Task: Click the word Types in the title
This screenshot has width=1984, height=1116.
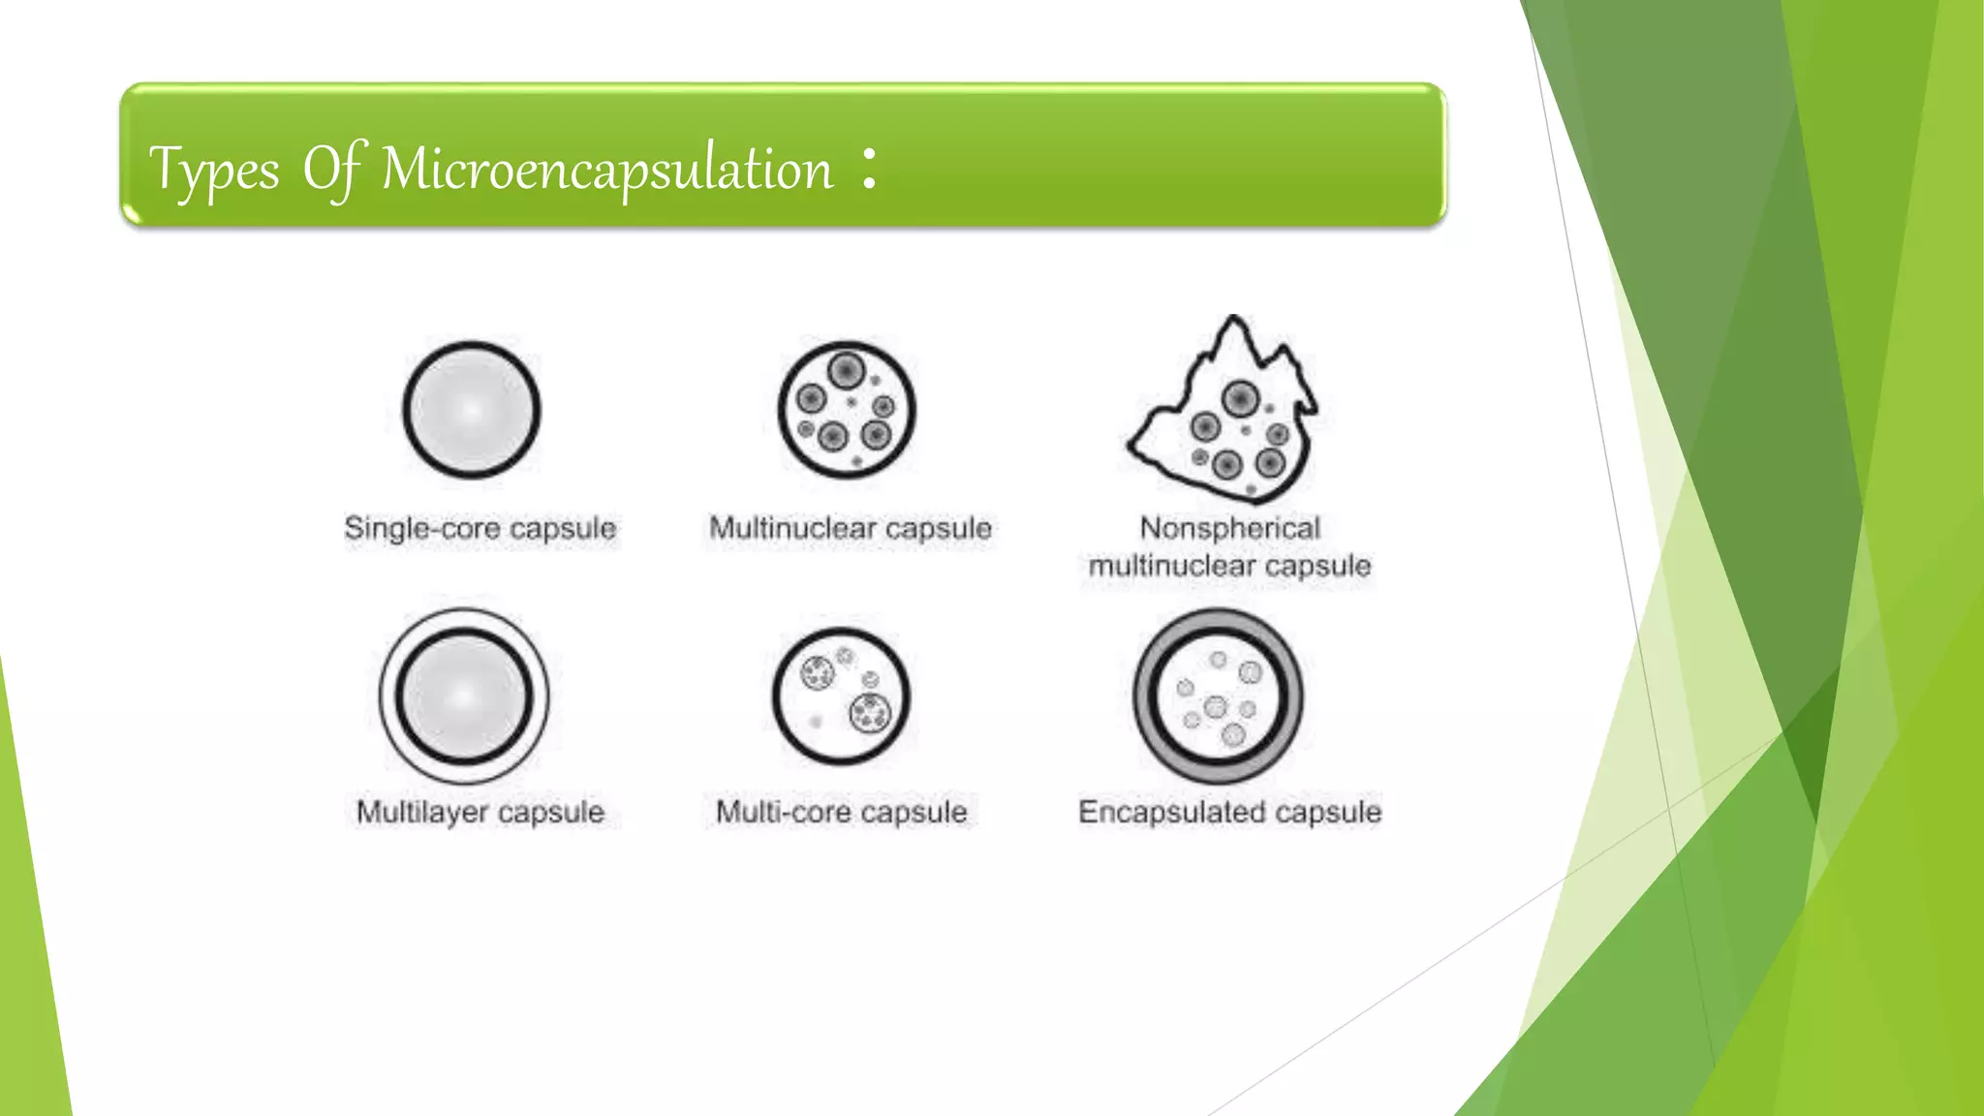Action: pyautogui.click(x=214, y=171)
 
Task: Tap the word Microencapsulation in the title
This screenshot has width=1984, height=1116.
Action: pyautogui.click(x=606, y=170)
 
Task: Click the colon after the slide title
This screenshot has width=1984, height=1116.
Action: pyautogui.click(x=869, y=168)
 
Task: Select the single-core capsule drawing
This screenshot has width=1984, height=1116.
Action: pyautogui.click(x=471, y=410)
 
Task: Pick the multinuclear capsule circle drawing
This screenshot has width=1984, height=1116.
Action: pyautogui.click(x=847, y=410)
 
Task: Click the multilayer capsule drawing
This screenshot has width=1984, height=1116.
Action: pyautogui.click(x=464, y=696)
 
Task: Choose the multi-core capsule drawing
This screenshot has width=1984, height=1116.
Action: pyautogui.click(x=841, y=696)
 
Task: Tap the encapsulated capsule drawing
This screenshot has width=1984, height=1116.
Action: pyautogui.click(x=1218, y=696)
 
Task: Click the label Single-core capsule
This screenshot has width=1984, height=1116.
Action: pyautogui.click(x=480, y=529)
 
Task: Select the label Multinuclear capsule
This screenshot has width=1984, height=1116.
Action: pyautogui.click(x=851, y=529)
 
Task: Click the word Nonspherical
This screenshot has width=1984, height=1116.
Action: pyautogui.click(x=1229, y=528)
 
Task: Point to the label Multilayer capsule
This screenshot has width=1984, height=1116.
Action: pyautogui.click(x=480, y=812)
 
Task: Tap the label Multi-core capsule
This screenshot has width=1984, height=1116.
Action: pyautogui.click(x=841, y=812)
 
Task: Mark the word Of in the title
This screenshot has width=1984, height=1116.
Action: pyautogui.click(x=334, y=170)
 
